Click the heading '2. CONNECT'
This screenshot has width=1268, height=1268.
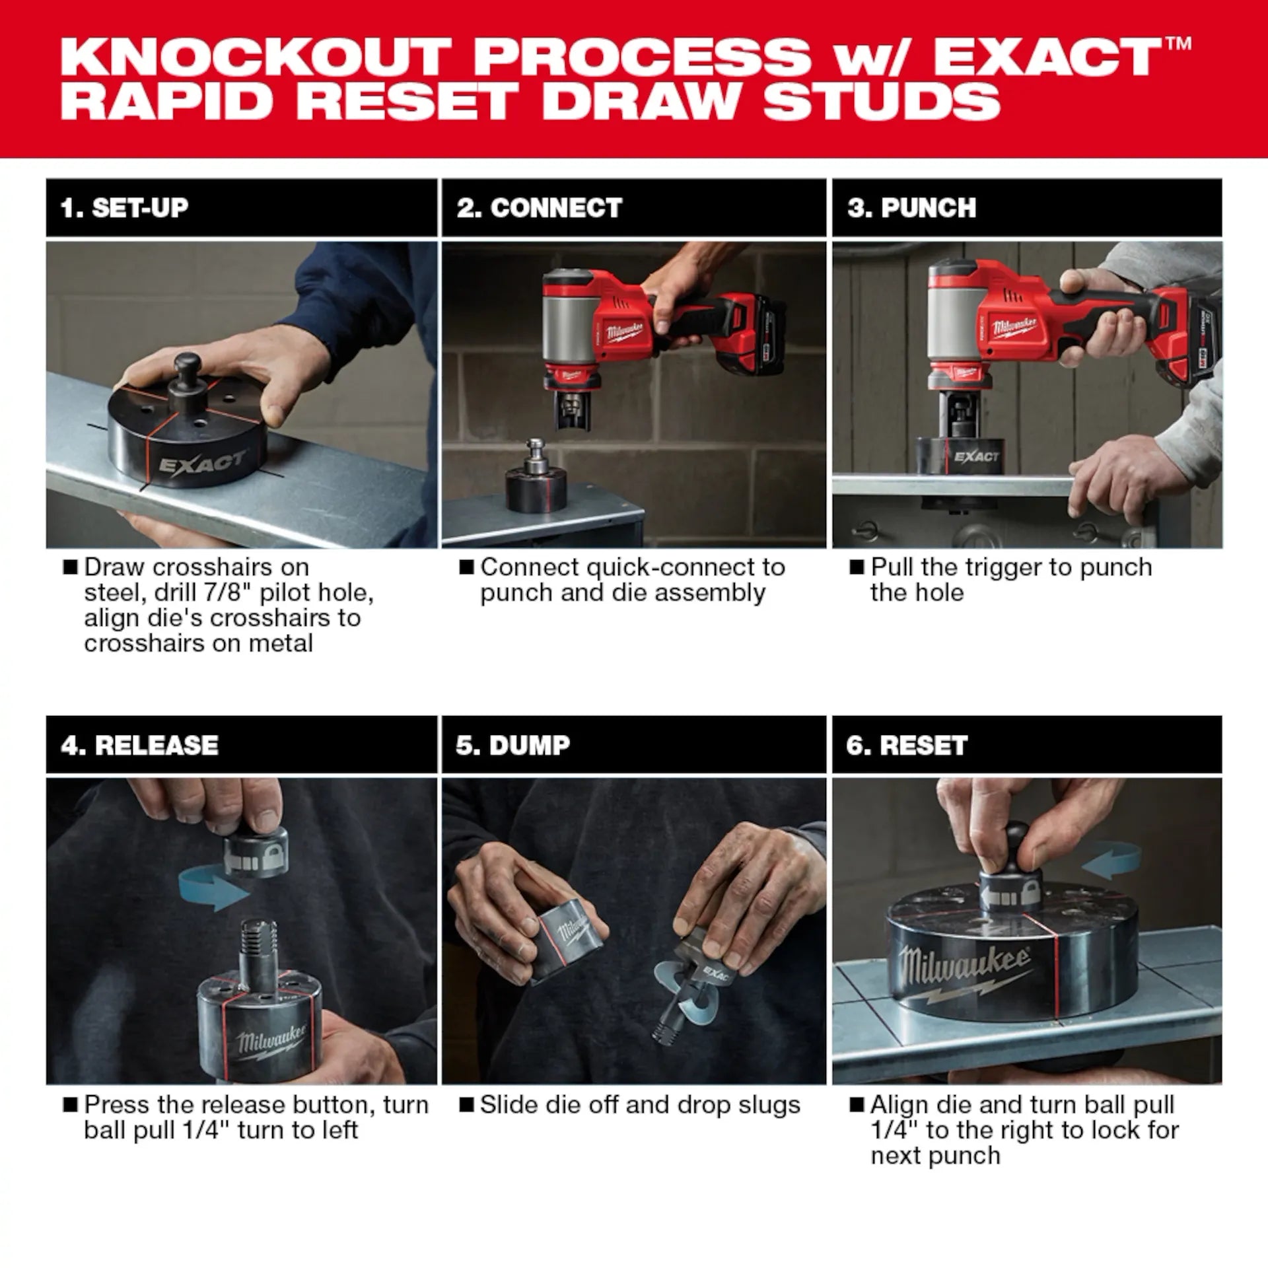tap(539, 208)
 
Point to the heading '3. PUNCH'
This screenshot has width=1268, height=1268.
tap(911, 208)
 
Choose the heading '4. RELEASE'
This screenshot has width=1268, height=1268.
tap(139, 745)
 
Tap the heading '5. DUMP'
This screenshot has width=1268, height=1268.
tap(512, 745)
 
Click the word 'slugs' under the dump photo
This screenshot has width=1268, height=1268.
tap(769, 1105)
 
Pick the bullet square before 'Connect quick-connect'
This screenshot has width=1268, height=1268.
tap(466, 567)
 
